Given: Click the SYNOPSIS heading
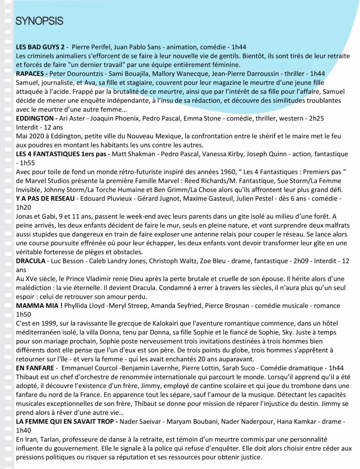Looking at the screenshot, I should [x=39, y=21].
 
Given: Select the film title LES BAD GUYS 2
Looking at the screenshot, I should [x=40, y=47].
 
